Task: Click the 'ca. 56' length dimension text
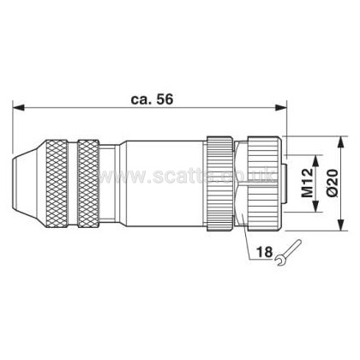click(152, 99)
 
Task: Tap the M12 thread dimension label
click(308, 183)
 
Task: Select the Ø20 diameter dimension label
click(333, 183)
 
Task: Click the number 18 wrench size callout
click(264, 252)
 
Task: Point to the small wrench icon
click(288, 253)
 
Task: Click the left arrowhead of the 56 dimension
click(18, 107)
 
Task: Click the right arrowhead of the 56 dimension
click(280, 107)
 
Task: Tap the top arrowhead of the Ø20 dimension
click(340, 142)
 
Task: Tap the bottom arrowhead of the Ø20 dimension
click(340, 225)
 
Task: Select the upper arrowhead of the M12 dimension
click(315, 160)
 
